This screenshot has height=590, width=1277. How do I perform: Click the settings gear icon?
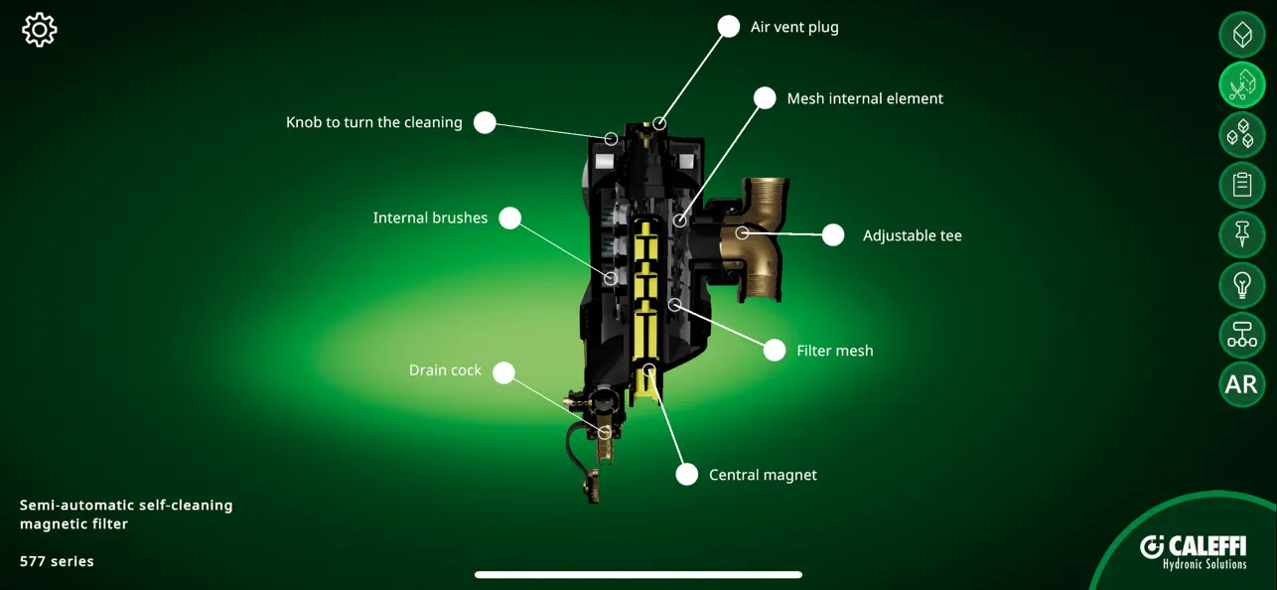click(x=40, y=30)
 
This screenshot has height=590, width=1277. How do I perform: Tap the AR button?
click(x=1241, y=384)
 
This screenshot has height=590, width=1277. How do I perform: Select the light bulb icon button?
click(x=1241, y=285)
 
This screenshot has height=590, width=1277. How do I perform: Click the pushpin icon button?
click(x=1241, y=234)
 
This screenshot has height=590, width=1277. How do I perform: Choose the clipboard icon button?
click(x=1241, y=185)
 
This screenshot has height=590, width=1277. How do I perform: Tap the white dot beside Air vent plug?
click(x=729, y=27)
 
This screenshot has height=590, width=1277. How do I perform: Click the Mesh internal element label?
click(x=865, y=98)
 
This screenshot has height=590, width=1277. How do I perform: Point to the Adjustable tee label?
click(x=912, y=235)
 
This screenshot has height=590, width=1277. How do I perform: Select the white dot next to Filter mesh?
click(x=775, y=350)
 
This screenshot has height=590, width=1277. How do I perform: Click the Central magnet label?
click(x=763, y=475)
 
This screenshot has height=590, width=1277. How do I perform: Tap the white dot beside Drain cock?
click(x=504, y=372)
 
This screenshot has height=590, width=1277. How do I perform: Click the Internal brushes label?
click(x=430, y=218)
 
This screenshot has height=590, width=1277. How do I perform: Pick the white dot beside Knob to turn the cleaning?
click(x=485, y=122)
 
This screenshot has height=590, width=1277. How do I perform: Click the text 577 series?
click(x=57, y=561)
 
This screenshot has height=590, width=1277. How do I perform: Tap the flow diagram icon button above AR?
click(x=1241, y=335)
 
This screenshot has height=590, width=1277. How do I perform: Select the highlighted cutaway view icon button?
click(x=1241, y=84)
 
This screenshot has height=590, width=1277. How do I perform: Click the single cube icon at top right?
click(x=1241, y=35)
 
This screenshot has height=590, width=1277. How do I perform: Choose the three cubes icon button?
click(x=1241, y=134)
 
